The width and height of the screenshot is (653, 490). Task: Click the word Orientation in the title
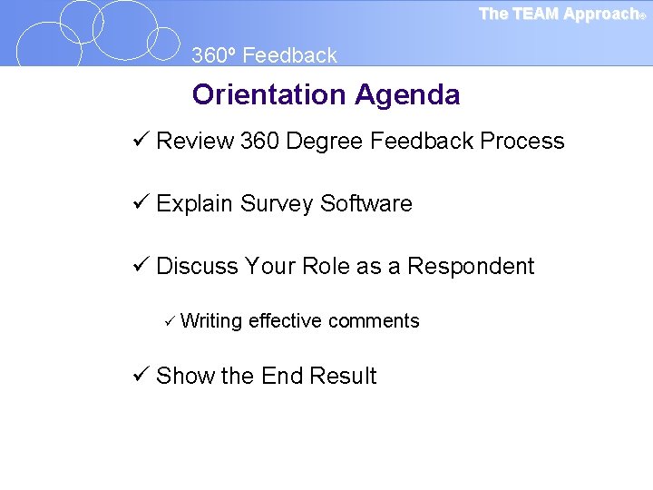coord(269,94)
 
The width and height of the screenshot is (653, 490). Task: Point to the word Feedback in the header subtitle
coord(289,55)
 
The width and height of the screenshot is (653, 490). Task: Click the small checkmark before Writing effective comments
coord(169,320)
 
